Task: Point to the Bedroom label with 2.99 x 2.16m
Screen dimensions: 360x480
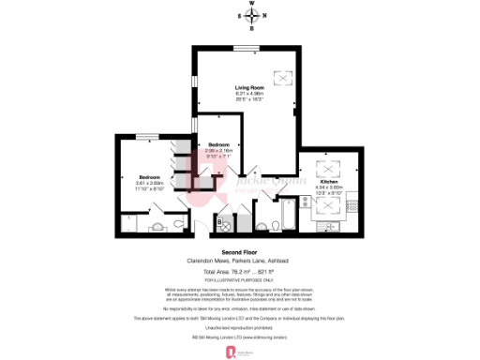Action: click(x=217, y=144)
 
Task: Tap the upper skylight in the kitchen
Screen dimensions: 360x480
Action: click(x=331, y=170)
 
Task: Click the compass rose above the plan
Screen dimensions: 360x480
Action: click(x=251, y=16)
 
